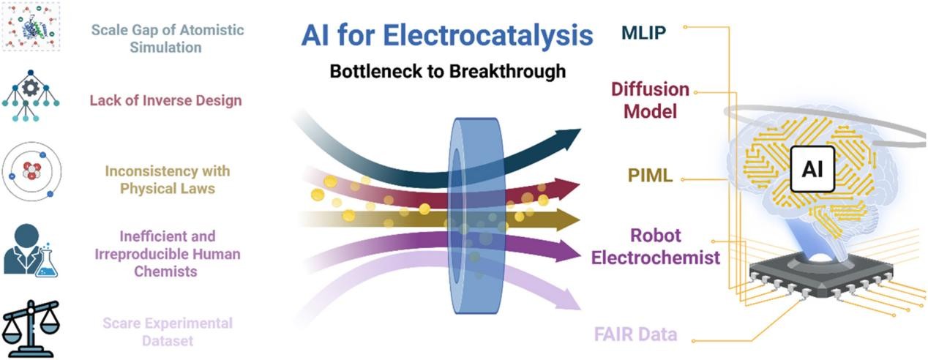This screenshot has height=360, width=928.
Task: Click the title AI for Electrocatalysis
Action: [x=446, y=34]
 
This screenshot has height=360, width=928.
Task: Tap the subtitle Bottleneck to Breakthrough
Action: [x=447, y=72]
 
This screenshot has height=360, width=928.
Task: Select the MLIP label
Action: [x=644, y=34]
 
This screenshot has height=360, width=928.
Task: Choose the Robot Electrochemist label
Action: [x=656, y=247]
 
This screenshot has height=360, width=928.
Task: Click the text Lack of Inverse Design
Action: [x=165, y=100]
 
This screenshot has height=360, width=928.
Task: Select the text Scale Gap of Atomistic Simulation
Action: [x=146, y=38]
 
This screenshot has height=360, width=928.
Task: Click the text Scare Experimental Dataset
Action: [x=168, y=331]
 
